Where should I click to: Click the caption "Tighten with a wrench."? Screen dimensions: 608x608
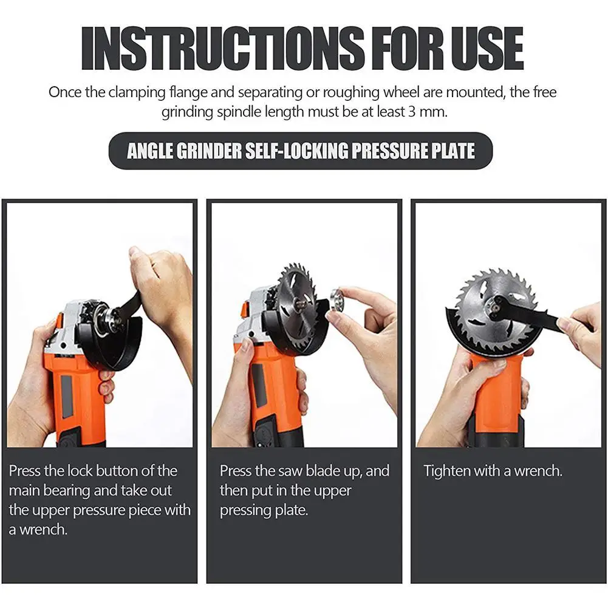pyautogui.click(x=493, y=471)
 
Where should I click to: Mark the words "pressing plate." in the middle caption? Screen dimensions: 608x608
pyautogui.click(x=264, y=510)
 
